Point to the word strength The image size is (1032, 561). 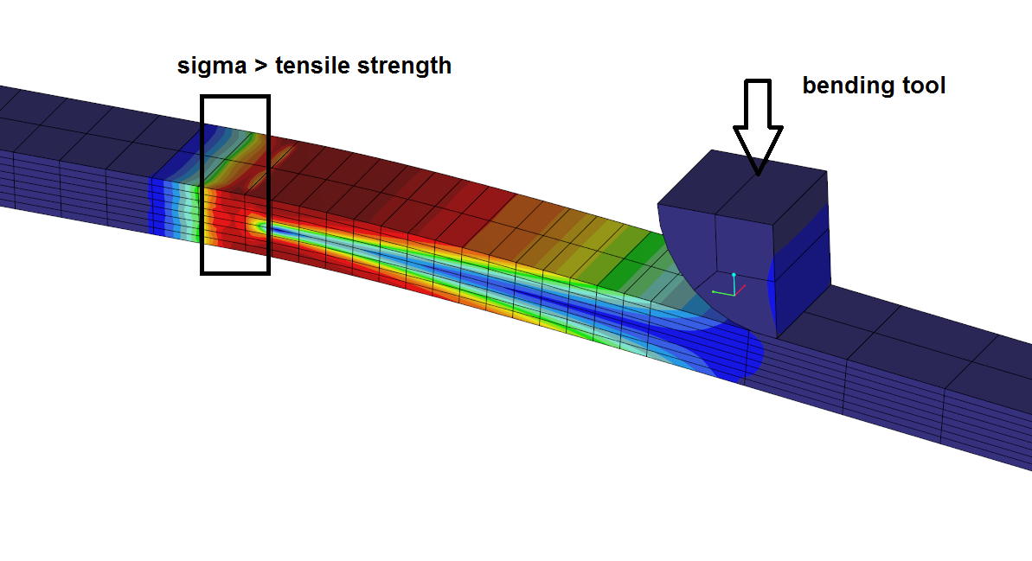[x=404, y=67]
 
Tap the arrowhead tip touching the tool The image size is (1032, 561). [x=758, y=175]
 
